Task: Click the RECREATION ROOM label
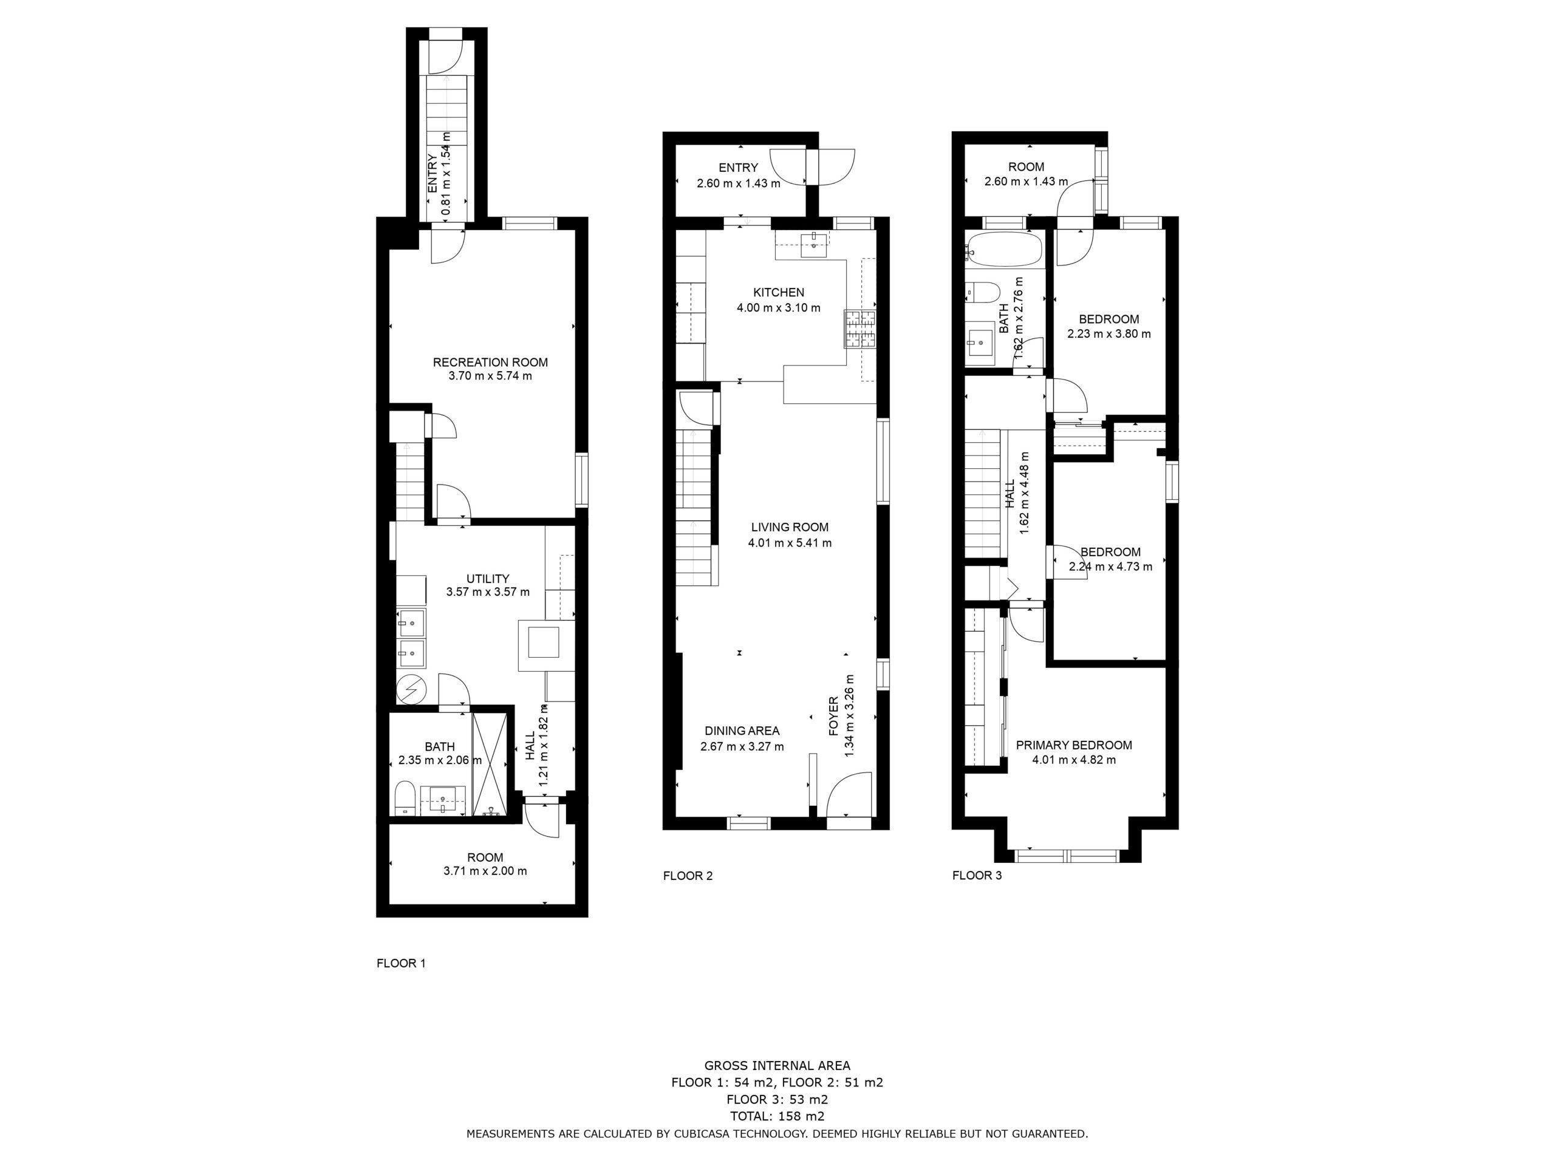490,363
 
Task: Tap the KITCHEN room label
778,292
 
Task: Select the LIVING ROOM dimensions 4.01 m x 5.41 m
790,542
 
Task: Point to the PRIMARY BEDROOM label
1073,745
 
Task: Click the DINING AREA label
742,731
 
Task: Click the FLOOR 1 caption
401,963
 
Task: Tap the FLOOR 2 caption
688,876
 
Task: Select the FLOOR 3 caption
977,876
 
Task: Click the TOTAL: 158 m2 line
777,1116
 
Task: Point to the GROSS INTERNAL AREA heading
777,1066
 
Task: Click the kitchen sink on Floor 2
813,245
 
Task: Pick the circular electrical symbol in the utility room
410,690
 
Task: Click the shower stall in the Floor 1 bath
488,765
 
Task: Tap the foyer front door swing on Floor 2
849,794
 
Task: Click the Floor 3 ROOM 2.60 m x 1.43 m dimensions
1026,182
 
